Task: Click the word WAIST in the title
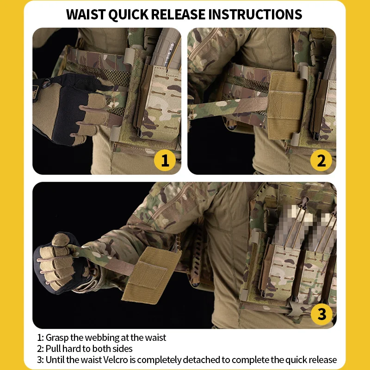[86, 14]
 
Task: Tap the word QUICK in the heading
[129, 15]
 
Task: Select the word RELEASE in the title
[178, 14]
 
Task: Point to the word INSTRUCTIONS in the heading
[255, 14]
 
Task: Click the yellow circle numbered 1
[165, 160]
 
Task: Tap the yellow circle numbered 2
[321, 160]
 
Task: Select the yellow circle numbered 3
[321, 314]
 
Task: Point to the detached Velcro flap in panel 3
[151, 275]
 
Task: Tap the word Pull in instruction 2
[53, 349]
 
